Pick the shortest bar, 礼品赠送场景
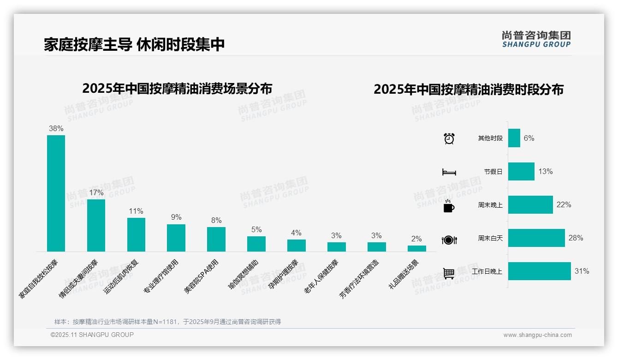(416, 248)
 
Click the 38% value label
(56, 129)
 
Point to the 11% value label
(136, 211)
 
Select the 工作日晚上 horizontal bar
(539, 271)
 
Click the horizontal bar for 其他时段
(514, 138)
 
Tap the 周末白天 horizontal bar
(536, 238)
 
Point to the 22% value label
(564, 204)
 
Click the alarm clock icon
(449, 138)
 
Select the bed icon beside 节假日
(449, 172)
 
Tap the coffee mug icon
(449, 206)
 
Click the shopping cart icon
(449, 273)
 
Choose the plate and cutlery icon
(449, 240)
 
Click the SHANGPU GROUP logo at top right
(536, 39)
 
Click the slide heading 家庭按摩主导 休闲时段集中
(134, 45)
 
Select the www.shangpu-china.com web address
(537, 335)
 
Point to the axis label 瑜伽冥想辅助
(244, 275)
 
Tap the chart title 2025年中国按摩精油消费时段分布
(469, 89)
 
